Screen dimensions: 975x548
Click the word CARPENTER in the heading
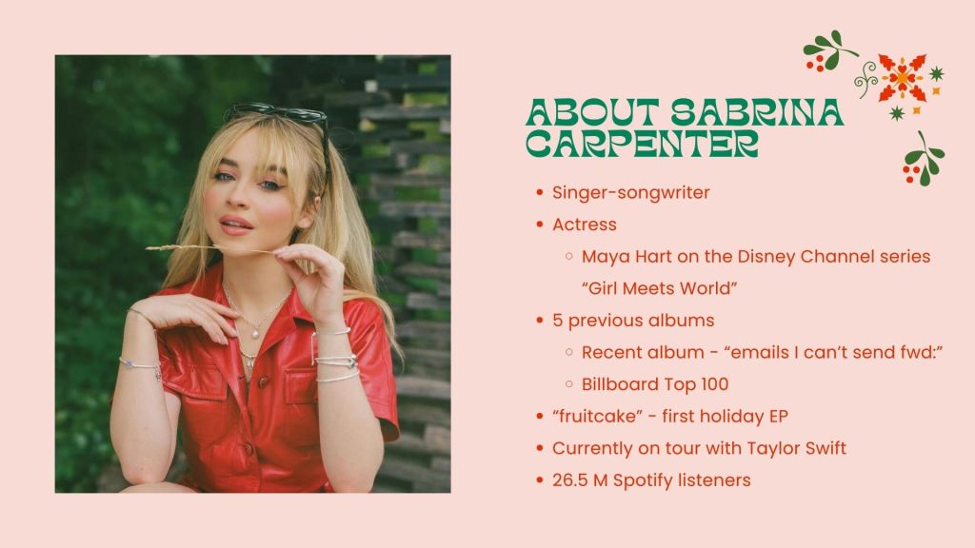(x=643, y=144)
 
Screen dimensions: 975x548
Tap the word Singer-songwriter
(x=631, y=192)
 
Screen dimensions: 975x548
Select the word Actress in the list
(x=585, y=225)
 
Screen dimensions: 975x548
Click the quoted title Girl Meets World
(x=659, y=288)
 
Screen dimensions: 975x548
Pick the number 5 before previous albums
(x=557, y=321)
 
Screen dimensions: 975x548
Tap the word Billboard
(x=626, y=384)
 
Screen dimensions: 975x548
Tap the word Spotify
(x=643, y=480)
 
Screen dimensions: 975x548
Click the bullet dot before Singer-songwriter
(x=540, y=192)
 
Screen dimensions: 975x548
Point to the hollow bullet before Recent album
(x=569, y=352)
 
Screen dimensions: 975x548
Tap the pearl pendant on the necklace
(x=255, y=334)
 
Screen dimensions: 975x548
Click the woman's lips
(x=236, y=225)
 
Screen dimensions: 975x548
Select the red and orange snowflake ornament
(x=903, y=78)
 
